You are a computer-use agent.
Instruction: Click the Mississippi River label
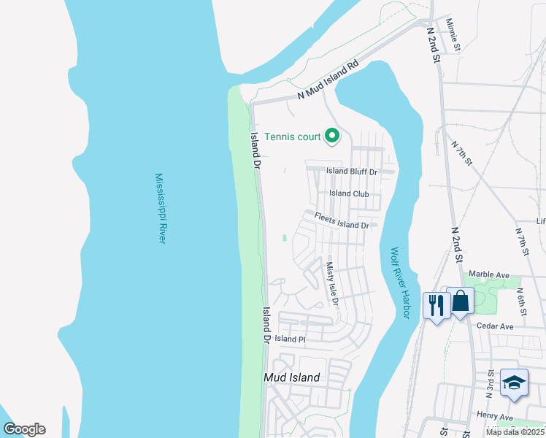click(x=161, y=208)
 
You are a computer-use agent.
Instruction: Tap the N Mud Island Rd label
click(x=329, y=80)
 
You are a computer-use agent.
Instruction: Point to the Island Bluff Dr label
click(x=351, y=172)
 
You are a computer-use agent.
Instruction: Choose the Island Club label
click(x=349, y=193)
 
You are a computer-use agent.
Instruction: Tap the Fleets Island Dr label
click(x=342, y=220)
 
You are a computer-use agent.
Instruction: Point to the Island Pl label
click(x=290, y=339)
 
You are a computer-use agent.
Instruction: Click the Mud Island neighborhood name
click(x=291, y=377)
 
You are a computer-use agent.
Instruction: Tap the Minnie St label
click(x=453, y=34)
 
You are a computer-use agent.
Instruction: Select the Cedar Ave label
click(x=495, y=326)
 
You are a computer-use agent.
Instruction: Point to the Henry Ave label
click(x=496, y=415)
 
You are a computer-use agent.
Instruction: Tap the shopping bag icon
click(x=461, y=300)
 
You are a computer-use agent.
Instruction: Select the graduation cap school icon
click(x=514, y=383)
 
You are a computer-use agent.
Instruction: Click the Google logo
click(x=24, y=429)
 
